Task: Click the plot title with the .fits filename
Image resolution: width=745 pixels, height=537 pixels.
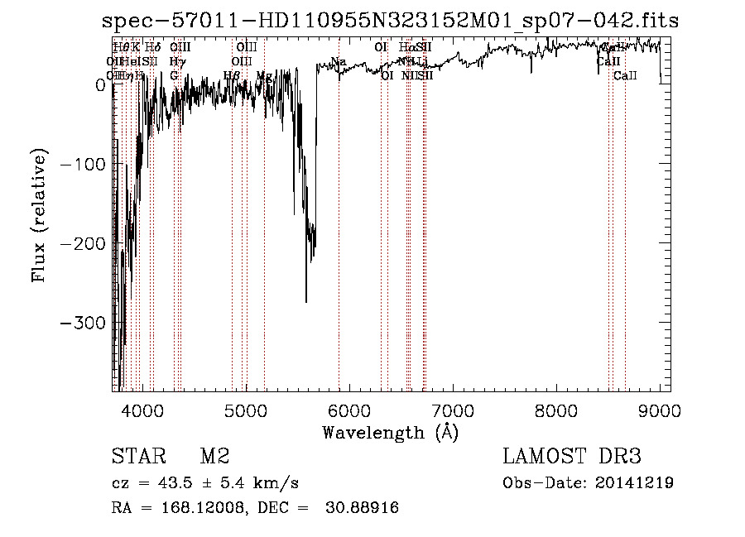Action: click(x=389, y=22)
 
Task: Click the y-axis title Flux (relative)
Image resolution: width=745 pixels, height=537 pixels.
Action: click(x=39, y=216)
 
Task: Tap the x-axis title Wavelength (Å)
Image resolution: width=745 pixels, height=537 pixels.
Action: click(x=390, y=432)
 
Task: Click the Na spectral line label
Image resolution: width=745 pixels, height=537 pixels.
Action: click(x=338, y=62)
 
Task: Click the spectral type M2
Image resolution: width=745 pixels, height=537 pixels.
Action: click(x=214, y=457)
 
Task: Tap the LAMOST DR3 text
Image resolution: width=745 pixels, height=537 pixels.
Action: click(x=572, y=457)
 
